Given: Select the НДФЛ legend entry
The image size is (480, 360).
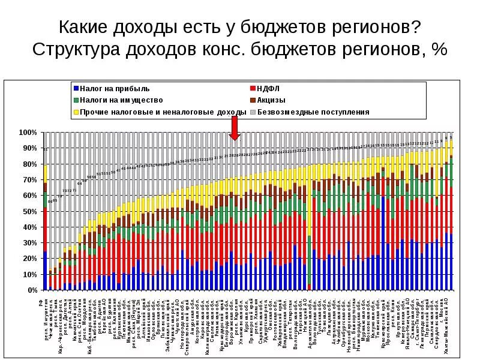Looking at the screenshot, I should click(266, 88).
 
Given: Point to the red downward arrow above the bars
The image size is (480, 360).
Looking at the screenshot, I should click(235, 128).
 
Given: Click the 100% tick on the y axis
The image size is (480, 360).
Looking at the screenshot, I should click(29, 132).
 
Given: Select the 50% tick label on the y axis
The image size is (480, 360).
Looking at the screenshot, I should click(30, 211).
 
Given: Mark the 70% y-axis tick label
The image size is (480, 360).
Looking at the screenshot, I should click(30, 179).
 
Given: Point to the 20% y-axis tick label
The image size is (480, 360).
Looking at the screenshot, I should click(30, 259).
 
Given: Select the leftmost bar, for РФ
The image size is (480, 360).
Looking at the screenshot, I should click(45, 228).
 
